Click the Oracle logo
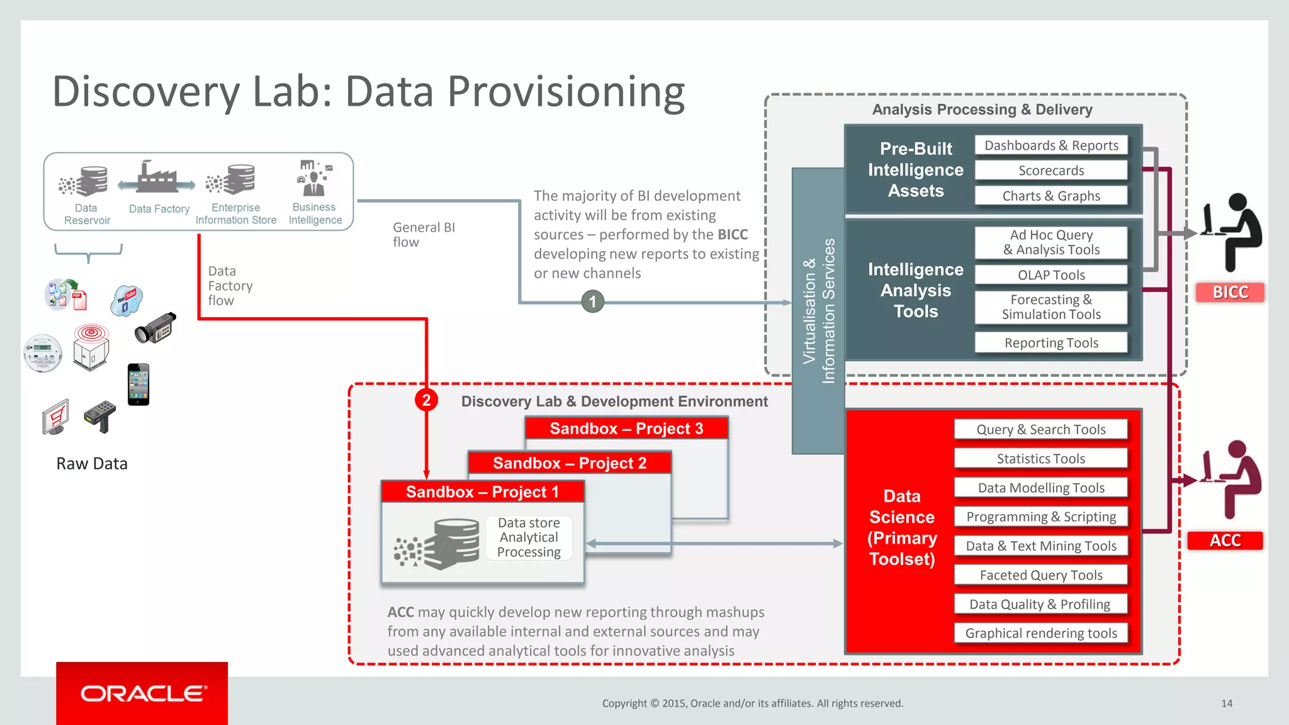point(142,694)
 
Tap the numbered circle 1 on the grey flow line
point(592,302)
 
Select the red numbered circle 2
point(426,400)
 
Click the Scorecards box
point(1050,171)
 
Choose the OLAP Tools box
point(1050,275)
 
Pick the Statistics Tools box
point(1040,459)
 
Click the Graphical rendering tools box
point(1040,633)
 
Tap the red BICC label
point(1230,292)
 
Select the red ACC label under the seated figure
point(1225,541)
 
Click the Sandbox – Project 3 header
point(626,429)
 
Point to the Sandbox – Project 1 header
point(482,492)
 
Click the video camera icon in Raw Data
point(155,328)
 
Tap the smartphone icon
point(138,385)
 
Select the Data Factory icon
point(157,177)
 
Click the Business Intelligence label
point(315,213)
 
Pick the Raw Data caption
point(92,464)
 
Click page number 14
point(1226,704)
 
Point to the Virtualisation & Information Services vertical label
point(818,311)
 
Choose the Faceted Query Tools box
point(1040,575)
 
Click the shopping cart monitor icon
point(55,417)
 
